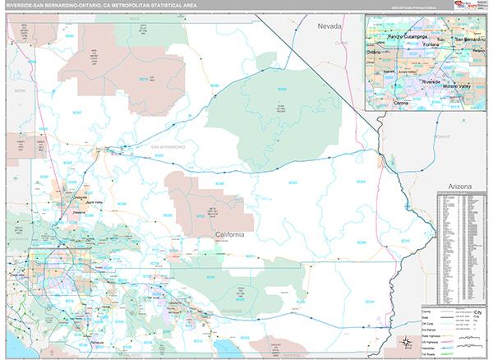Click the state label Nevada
click(x=330, y=28)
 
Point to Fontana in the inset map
click(x=425, y=46)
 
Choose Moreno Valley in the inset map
click(x=458, y=86)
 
